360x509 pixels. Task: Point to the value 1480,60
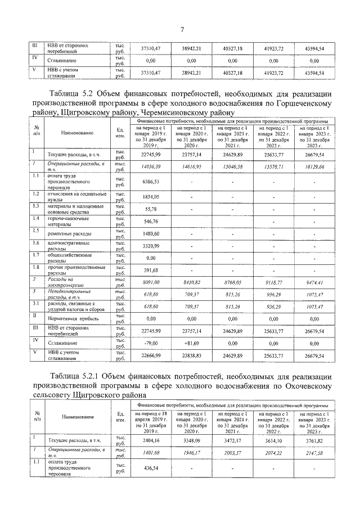[x=152, y=233]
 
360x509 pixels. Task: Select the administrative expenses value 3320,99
[x=152, y=246]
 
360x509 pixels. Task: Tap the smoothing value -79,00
[x=150, y=344]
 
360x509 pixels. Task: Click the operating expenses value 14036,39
[x=152, y=167]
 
